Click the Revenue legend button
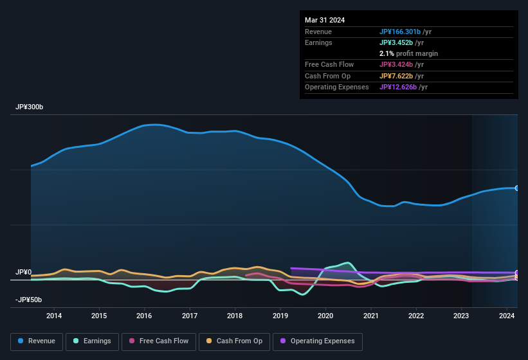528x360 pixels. coord(38,341)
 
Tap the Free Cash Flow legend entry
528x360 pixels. coord(159,341)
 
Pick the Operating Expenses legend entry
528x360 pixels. coord(318,341)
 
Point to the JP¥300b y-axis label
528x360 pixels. coord(30,107)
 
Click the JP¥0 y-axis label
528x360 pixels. coord(23,273)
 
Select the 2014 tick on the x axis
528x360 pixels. coord(54,316)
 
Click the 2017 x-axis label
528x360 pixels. coord(190,316)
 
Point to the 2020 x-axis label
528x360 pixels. coord(325,316)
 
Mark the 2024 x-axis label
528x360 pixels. coord(507,316)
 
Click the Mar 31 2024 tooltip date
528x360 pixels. coord(325,20)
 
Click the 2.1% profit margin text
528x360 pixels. coord(408,53)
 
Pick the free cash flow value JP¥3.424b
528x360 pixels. coord(399,65)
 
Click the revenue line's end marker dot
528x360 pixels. coord(517,188)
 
